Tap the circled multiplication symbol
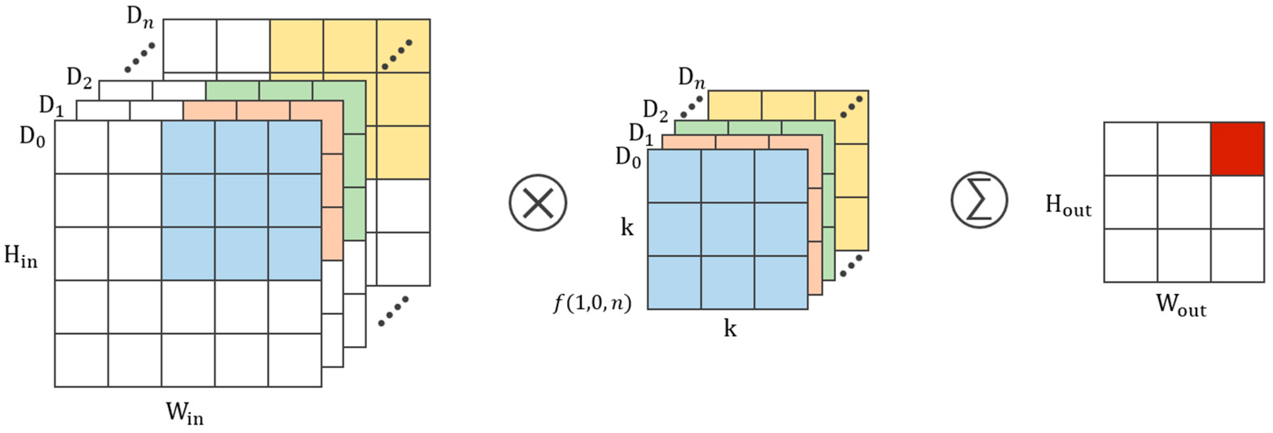[x=538, y=203]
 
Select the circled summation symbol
[x=979, y=200]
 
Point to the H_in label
[x=21, y=257]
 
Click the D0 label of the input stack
[x=33, y=137]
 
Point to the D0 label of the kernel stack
[x=628, y=158]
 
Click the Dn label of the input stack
[x=140, y=17]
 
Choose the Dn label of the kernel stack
[x=691, y=78]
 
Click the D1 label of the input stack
[x=51, y=106]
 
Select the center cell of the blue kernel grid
[x=727, y=229]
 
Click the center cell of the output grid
[x=1184, y=202]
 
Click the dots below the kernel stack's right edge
[x=851, y=266]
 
